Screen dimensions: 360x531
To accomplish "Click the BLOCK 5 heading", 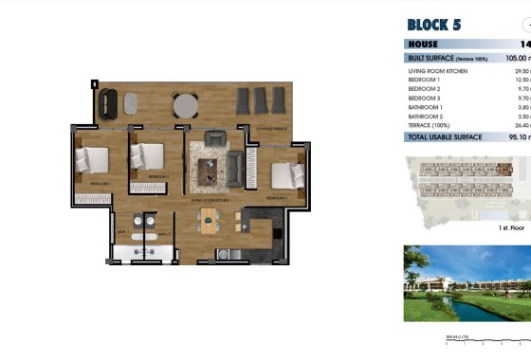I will [440, 25].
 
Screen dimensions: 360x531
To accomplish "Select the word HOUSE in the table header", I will [424, 44].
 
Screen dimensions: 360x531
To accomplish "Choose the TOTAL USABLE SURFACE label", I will [444, 136].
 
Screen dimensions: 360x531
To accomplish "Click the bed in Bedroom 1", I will [94, 160].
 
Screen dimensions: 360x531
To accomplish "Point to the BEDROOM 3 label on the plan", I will [277, 198].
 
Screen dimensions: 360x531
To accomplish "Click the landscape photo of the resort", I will [467, 283].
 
